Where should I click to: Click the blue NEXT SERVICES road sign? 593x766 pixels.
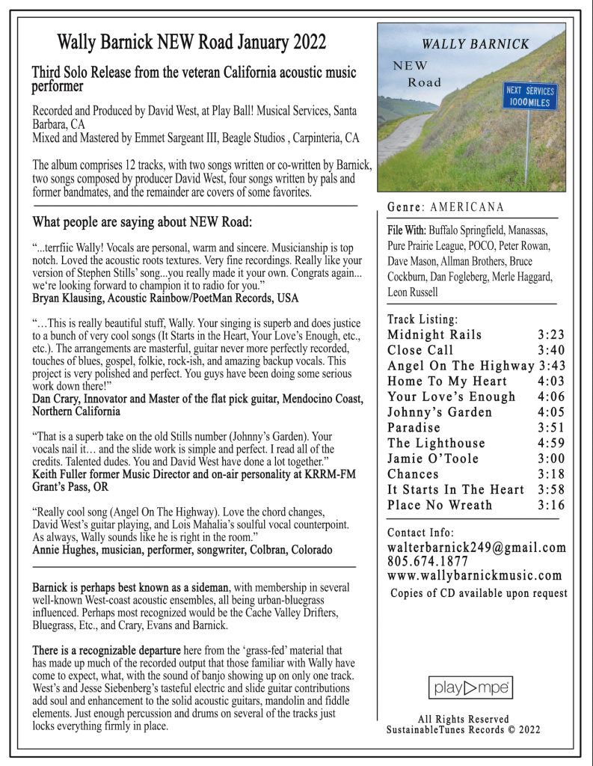coord(529,96)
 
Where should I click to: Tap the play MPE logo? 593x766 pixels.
coord(470,686)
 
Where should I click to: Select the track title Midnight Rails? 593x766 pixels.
coord(434,334)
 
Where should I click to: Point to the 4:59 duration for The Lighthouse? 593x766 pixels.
coord(551,443)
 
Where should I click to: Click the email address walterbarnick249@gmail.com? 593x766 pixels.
coord(476,548)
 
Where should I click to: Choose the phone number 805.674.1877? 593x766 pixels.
coord(428,561)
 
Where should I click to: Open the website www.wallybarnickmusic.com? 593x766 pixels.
coord(474,575)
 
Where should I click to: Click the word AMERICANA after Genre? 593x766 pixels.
coord(467,206)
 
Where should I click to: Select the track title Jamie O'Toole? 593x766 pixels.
coord(433,459)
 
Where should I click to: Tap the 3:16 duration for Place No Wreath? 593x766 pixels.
coord(551,505)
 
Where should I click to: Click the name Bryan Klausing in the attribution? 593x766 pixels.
coord(68,298)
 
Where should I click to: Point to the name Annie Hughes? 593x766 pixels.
coord(64,550)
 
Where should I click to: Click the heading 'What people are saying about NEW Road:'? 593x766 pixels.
coord(142,222)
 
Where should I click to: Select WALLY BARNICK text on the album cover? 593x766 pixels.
coord(475,44)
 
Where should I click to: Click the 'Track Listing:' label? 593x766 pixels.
coord(423,319)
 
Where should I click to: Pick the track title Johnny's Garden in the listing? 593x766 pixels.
coord(440,412)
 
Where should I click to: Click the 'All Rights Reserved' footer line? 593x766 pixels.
coord(463,719)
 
